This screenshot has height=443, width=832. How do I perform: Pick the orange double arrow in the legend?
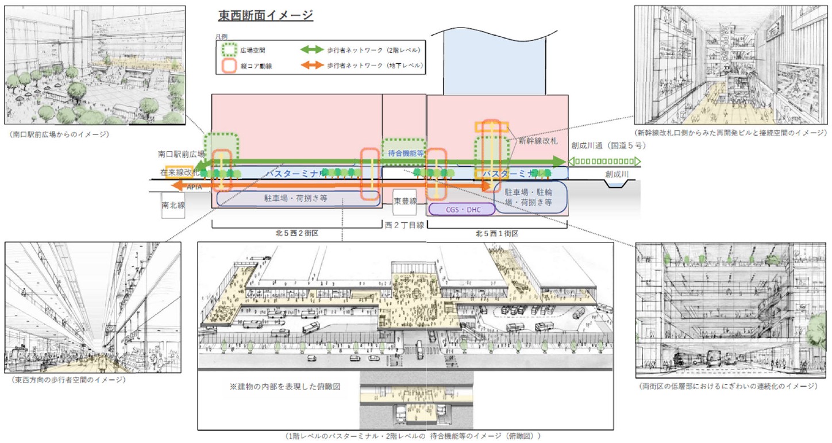point(312,66)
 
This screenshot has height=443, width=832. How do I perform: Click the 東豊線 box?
point(404,201)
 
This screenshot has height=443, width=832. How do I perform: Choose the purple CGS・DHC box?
point(461,210)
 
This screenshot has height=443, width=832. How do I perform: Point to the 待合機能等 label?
point(404,153)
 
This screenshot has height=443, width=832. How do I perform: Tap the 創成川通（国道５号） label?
point(608,146)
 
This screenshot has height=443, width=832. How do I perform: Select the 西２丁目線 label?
point(404,225)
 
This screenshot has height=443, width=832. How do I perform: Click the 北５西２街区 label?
point(296,234)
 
